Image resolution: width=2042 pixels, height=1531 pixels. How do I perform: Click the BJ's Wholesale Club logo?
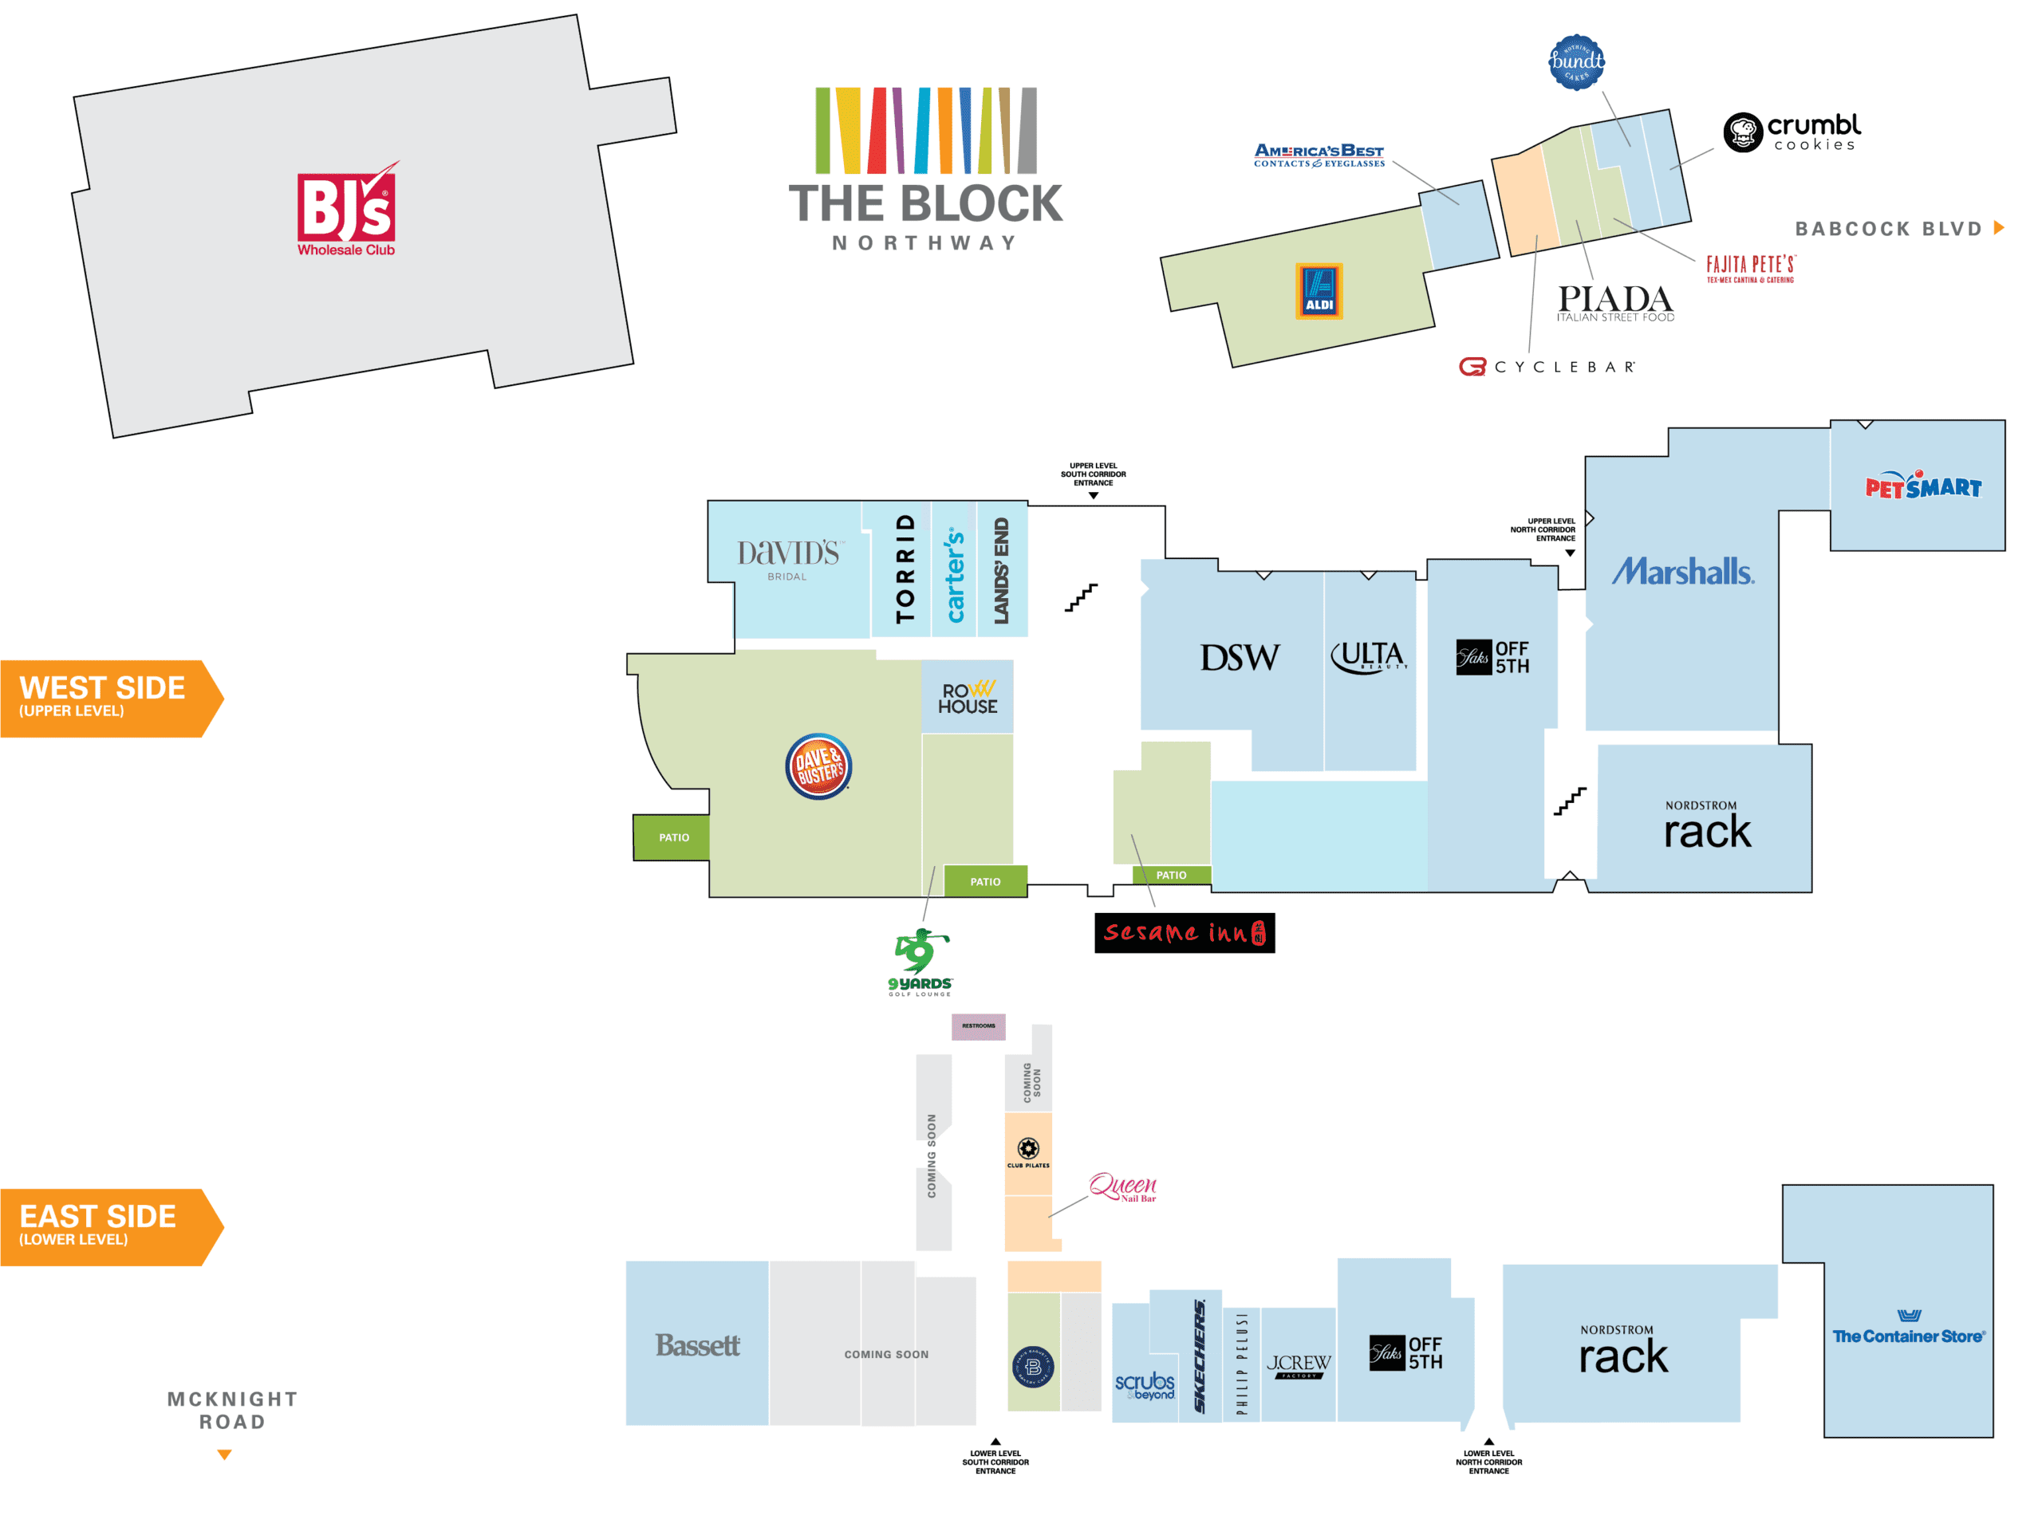(x=346, y=211)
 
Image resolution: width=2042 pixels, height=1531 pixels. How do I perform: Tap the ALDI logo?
(x=1319, y=291)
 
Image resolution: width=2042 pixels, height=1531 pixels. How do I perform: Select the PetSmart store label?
(x=1923, y=486)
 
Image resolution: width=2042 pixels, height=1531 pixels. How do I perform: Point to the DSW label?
(x=1239, y=658)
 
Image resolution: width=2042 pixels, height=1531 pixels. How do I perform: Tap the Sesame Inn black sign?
(x=1184, y=933)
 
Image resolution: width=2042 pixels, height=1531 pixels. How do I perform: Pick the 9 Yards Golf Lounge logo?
(x=920, y=962)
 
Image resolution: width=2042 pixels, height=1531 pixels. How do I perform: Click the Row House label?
(x=968, y=699)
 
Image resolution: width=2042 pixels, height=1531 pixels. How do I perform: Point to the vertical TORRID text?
(x=905, y=569)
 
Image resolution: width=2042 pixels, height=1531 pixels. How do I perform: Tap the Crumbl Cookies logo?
(x=1791, y=132)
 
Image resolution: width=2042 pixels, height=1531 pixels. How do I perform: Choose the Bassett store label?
(x=697, y=1344)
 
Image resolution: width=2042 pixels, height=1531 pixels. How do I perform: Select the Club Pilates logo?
(x=1027, y=1151)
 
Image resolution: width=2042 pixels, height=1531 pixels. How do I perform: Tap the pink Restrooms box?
(x=979, y=1025)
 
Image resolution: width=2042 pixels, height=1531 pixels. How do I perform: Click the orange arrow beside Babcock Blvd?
(x=1999, y=228)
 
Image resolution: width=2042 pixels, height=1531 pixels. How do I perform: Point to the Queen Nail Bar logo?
(x=1122, y=1187)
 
